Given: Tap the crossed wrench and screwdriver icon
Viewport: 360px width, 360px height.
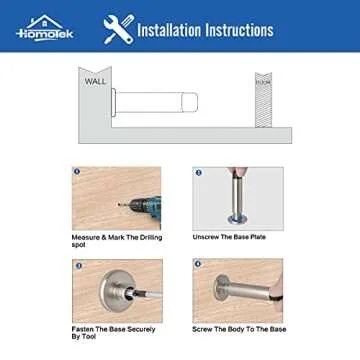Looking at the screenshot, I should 117,29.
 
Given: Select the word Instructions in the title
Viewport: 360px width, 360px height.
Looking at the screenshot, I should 240,29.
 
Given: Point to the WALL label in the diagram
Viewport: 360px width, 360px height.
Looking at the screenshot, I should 95,81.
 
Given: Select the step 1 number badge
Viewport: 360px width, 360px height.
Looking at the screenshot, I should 77,172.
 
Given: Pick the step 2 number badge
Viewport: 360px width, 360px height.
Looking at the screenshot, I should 198,172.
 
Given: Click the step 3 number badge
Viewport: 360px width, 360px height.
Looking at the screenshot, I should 77,264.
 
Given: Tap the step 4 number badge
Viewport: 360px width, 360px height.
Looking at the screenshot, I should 198,264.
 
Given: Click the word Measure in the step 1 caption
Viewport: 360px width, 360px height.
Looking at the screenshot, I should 86,237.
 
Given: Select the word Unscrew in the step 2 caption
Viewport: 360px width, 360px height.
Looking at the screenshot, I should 208,237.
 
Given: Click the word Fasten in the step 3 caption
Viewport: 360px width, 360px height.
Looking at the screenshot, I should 84,329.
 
